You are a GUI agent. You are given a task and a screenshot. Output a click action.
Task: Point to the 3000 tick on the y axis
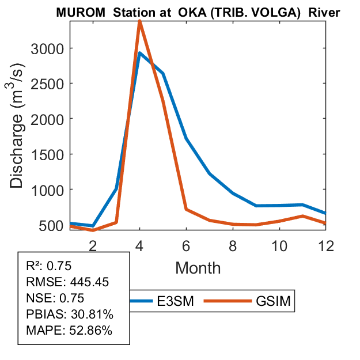[x=48, y=48]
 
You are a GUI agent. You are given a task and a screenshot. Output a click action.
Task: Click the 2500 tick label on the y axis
[x=48, y=84]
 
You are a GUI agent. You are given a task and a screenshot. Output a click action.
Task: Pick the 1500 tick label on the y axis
[x=48, y=154]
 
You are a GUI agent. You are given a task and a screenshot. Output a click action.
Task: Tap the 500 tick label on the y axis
[x=52, y=225]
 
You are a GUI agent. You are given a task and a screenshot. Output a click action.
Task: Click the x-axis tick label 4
[x=139, y=245]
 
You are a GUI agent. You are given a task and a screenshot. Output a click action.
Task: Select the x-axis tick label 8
[x=233, y=245]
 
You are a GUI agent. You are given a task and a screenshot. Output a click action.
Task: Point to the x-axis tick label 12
[x=326, y=245]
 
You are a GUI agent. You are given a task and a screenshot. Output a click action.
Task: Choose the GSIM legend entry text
[x=274, y=302]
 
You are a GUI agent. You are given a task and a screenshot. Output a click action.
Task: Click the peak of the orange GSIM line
[x=139, y=21]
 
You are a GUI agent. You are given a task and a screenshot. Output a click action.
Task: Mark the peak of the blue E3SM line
[x=139, y=53]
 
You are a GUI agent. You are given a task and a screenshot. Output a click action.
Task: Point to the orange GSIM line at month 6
[x=186, y=209]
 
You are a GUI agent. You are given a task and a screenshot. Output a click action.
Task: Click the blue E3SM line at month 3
[x=116, y=188]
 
